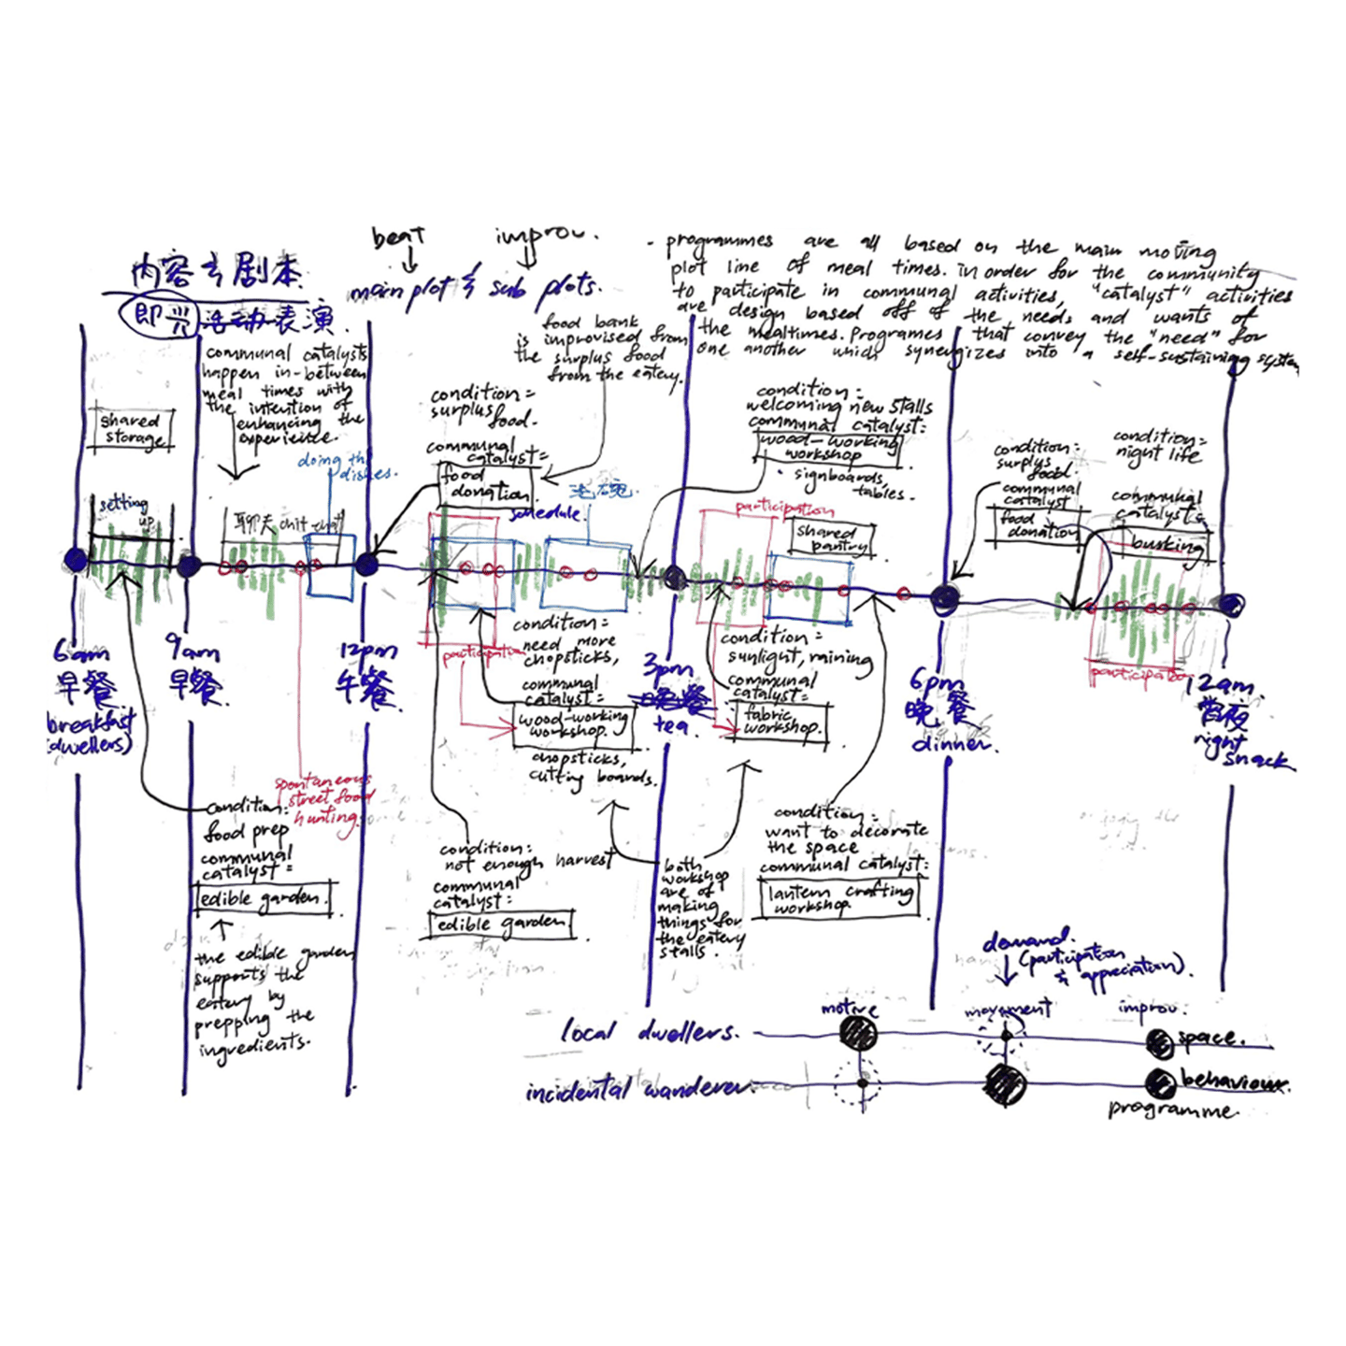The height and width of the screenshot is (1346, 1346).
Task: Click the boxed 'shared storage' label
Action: [131, 430]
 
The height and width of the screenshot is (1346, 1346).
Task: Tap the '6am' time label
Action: [80, 651]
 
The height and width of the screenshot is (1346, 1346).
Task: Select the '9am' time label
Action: [193, 648]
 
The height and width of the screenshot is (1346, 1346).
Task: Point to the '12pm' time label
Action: [367, 652]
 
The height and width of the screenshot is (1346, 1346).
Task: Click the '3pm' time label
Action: [667, 667]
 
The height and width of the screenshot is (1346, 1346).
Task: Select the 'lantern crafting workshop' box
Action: [838, 898]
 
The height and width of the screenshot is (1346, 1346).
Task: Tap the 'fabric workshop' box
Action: [781, 721]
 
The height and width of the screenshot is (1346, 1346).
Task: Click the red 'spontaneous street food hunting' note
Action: [323, 799]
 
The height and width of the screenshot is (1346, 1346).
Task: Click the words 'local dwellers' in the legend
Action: [649, 1032]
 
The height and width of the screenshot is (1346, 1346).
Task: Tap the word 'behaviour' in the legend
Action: [1234, 1082]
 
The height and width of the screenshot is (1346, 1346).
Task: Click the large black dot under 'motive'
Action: [857, 1034]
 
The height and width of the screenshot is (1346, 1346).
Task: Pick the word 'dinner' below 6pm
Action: [949, 744]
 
